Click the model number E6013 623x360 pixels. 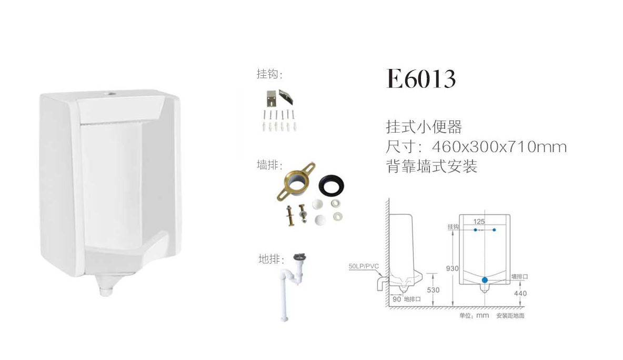tap(421, 79)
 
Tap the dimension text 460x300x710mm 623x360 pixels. tap(499, 146)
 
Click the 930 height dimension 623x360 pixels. tap(452, 268)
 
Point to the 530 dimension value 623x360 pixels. tap(433, 290)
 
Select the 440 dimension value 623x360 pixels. tap(520, 293)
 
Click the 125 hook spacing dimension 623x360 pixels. tap(479, 222)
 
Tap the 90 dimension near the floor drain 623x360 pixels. tap(397, 299)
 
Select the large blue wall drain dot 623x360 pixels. tap(485, 281)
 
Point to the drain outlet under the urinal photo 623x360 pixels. tap(107, 289)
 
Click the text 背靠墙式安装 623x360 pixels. tap(431, 167)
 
